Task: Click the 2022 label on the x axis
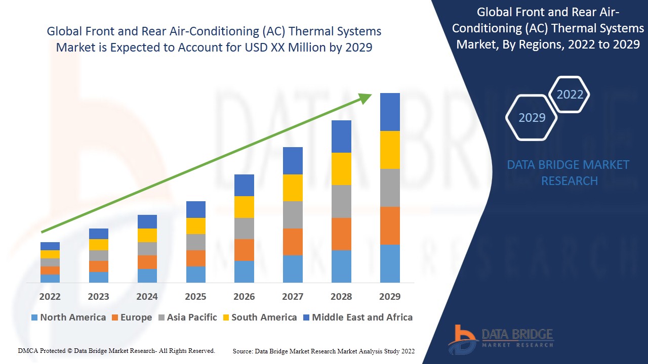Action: [50, 296]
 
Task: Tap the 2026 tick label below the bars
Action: [244, 296]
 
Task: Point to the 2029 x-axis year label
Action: [390, 296]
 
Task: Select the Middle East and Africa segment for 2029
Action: [390, 112]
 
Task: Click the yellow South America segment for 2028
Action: [341, 169]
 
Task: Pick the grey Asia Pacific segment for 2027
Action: [293, 215]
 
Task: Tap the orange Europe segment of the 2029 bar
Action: [390, 225]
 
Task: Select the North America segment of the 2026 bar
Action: [244, 271]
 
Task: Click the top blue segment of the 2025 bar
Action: [196, 209]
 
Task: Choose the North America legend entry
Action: [68, 317]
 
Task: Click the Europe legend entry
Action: [132, 317]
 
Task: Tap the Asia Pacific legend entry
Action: [188, 317]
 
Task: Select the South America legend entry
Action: [259, 317]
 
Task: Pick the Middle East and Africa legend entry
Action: [357, 317]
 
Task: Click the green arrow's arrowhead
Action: [366, 98]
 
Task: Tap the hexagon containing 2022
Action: [570, 95]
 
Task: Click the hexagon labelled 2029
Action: [532, 118]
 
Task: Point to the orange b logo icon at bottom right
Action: [462, 339]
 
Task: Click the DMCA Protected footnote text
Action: [116, 350]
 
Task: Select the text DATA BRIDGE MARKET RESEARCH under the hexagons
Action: [570, 172]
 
